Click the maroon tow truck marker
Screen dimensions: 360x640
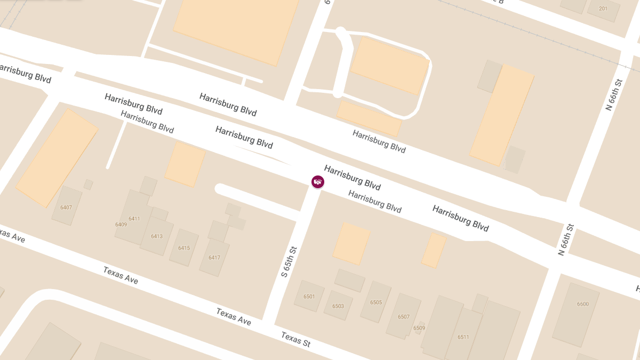point(318,182)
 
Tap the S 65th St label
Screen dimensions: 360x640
point(289,261)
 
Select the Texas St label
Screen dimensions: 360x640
point(295,339)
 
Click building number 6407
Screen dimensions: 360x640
point(66,207)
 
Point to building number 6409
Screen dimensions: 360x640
point(121,225)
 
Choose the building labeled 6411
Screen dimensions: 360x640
point(134,219)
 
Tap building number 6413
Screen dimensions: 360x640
point(157,236)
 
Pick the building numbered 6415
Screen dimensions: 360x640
point(184,248)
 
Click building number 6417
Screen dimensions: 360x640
point(214,258)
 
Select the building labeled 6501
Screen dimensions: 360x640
point(309,297)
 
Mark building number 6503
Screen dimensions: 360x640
point(338,306)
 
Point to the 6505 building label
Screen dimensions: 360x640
point(376,302)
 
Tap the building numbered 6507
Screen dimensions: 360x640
point(404,317)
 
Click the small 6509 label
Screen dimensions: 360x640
point(419,328)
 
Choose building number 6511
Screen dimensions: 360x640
point(463,337)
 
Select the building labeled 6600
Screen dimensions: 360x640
point(582,304)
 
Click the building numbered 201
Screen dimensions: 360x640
point(603,9)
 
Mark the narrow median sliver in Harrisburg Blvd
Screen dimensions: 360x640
point(264,155)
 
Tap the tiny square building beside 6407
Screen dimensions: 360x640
point(89,185)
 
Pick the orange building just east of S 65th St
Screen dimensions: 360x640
point(351,243)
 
